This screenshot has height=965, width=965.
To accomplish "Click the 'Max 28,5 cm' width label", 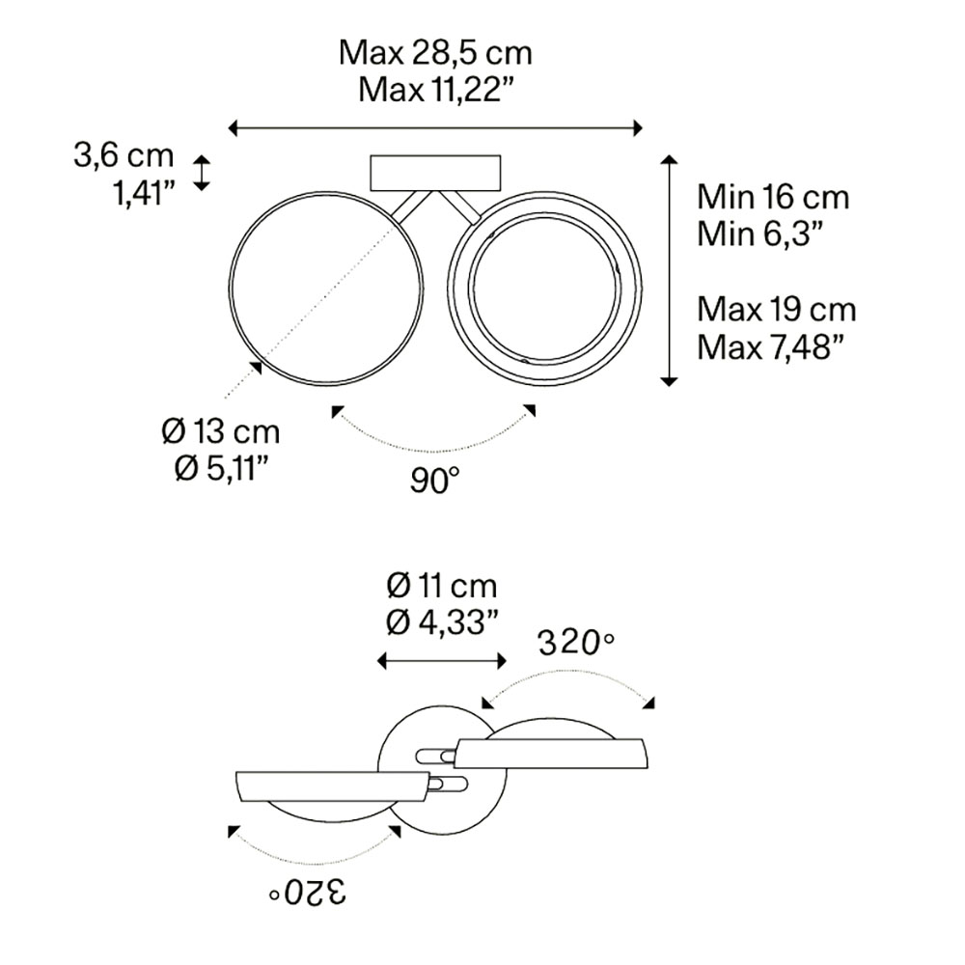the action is (x=435, y=53).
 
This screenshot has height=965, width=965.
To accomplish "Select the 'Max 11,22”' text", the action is (x=436, y=90).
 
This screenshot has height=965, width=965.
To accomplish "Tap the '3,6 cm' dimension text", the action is (x=124, y=155).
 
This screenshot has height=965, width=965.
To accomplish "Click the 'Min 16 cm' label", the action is (x=773, y=197).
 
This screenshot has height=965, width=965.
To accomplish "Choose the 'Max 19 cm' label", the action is (x=777, y=309).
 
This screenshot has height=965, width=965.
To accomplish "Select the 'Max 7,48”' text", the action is (x=769, y=347).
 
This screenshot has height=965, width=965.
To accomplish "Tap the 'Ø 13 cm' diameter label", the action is (x=221, y=432).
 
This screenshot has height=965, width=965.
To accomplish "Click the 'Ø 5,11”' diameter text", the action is (x=222, y=470).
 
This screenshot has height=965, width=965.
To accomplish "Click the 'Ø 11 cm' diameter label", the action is (x=441, y=586).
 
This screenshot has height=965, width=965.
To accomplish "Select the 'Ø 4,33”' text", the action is (x=441, y=622).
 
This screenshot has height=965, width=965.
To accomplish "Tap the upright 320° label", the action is (x=576, y=644).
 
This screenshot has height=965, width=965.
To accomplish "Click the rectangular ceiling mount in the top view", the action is (x=435, y=173).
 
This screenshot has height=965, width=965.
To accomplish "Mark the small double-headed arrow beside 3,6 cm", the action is (x=202, y=173).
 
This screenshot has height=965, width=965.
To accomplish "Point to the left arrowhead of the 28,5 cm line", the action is (x=233, y=128).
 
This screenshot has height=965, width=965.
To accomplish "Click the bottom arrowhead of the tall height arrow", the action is (x=669, y=381).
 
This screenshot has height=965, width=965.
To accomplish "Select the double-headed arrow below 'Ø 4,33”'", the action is (x=441, y=662).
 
